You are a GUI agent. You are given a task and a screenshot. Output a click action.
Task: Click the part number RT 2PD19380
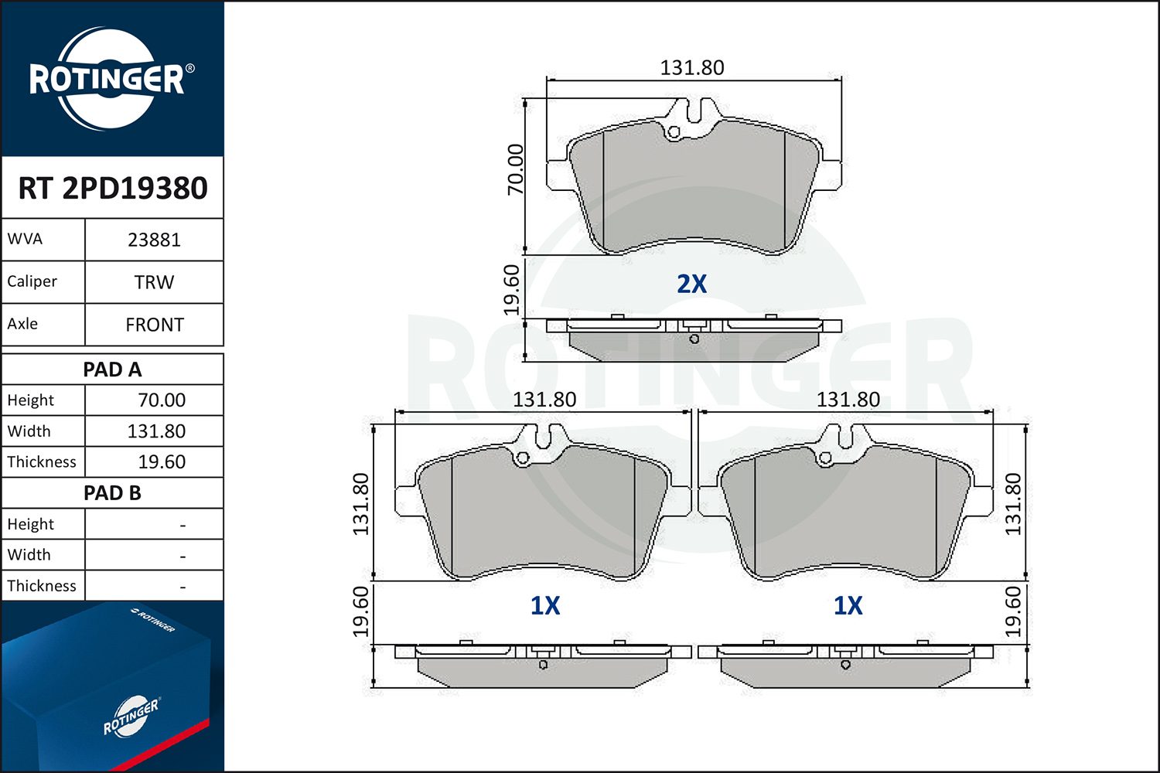tap(113, 188)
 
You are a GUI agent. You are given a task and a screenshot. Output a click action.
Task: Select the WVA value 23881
tap(154, 240)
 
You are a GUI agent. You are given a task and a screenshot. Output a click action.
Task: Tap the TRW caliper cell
tap(154, 282)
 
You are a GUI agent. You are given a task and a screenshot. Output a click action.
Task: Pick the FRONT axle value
tap(155, 325)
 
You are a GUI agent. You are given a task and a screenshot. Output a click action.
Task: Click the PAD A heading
tap(112, 369)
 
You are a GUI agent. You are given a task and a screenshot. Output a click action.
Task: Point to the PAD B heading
tap(112, 493)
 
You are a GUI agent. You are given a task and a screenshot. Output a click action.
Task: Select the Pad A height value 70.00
tap(162, 400)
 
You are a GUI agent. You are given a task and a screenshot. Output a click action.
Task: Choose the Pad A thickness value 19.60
tap(162, 461)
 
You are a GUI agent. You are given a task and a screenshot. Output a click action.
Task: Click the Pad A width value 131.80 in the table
tap(156, 431)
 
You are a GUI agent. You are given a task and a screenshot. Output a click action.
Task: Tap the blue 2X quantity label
tap(692, 284)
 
